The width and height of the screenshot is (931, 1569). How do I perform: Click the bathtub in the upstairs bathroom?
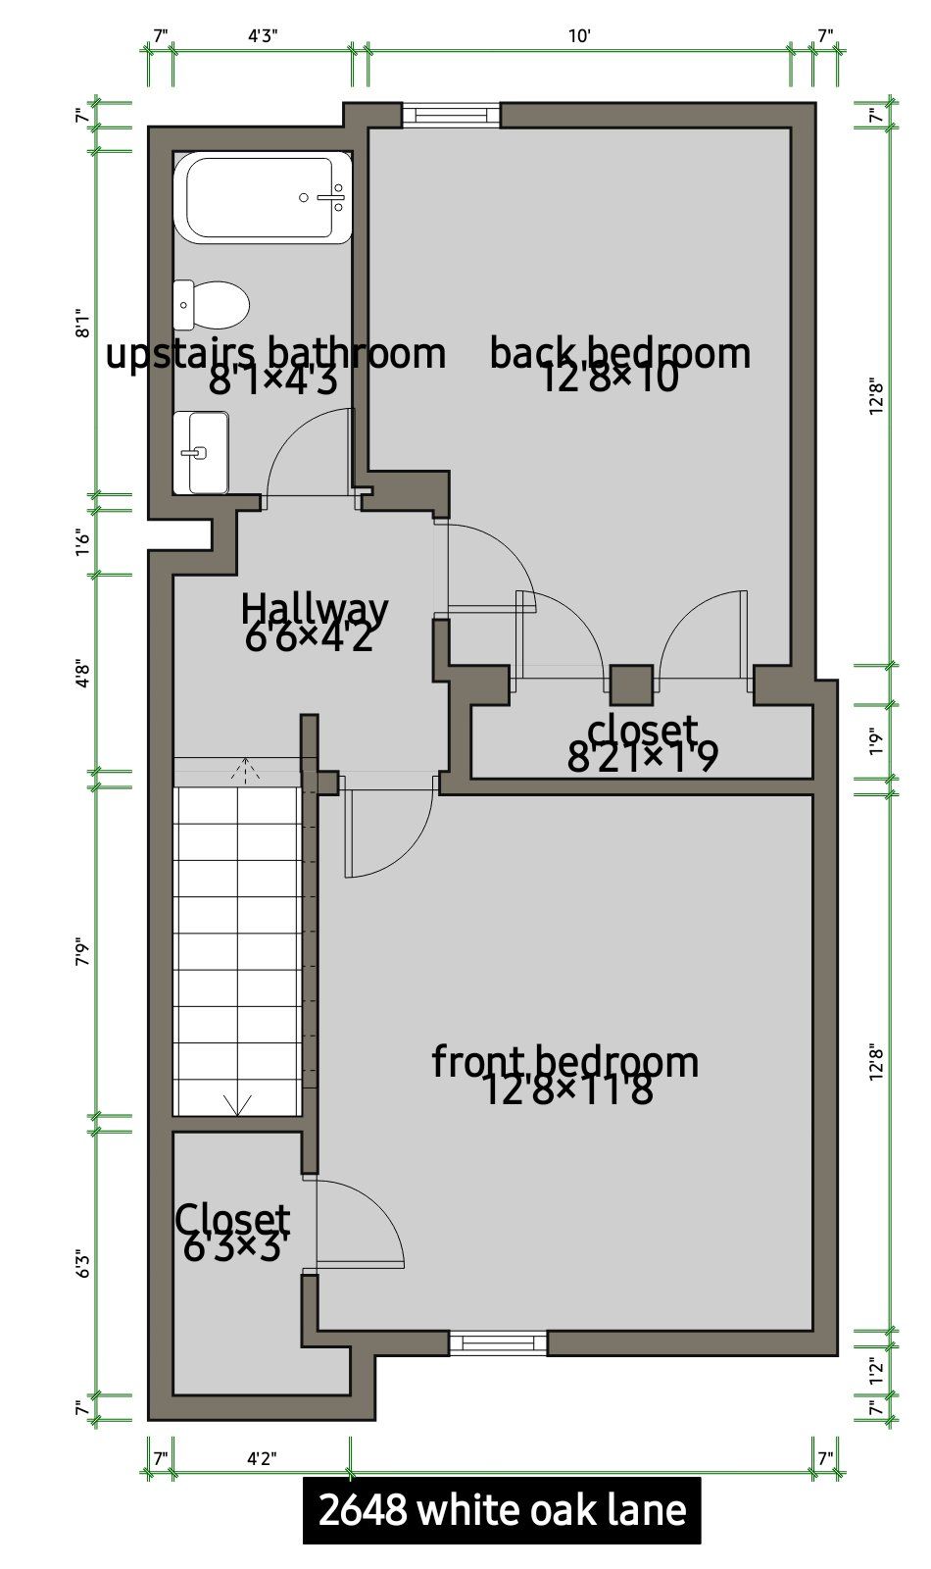263,198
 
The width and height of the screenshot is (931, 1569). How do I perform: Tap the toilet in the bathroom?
212,305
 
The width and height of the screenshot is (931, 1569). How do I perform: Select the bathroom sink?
201,452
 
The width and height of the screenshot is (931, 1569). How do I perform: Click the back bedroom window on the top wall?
452,115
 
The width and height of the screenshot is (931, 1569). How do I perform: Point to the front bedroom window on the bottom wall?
498,1342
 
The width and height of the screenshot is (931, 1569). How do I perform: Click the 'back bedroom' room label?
619,354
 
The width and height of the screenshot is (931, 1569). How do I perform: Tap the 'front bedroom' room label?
564,1063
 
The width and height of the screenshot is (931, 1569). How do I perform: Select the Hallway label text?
315,608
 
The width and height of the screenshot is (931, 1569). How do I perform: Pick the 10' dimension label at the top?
579,35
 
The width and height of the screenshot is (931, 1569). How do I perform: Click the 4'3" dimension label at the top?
264,35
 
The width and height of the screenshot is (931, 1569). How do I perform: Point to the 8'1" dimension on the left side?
82,324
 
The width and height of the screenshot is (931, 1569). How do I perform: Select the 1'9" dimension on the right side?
876,741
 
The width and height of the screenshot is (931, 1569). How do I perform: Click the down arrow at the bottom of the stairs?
238,1104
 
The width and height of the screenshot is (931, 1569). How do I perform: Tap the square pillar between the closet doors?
631,684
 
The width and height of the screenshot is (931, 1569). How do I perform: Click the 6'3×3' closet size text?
236,1246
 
